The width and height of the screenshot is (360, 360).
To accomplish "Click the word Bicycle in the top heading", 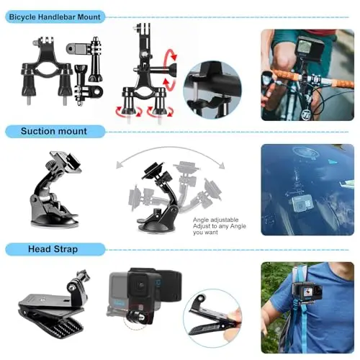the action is (x=22, y=17).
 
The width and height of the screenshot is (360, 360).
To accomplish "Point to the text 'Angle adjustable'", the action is (x=215, y=220).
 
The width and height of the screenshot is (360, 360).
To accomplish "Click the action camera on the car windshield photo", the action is (x=302, y=203).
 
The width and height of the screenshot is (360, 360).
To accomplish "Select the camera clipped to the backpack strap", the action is (x=307, y=293).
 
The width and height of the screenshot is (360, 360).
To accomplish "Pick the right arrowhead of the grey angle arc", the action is (x=221, y=166).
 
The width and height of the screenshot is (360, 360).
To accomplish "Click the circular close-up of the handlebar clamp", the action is (x=212, y=90).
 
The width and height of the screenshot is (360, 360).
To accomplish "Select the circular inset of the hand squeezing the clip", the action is (x=212, y=318).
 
